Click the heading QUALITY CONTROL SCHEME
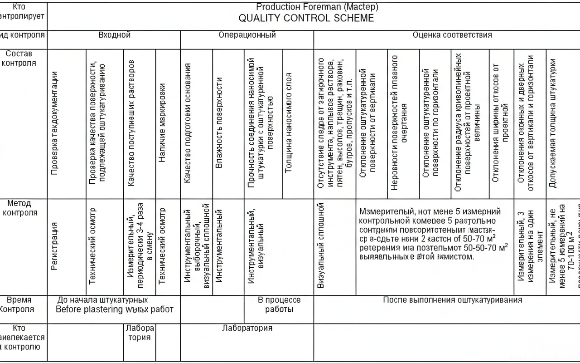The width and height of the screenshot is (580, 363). point(306,18)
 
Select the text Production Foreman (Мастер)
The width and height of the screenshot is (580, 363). point(317,7)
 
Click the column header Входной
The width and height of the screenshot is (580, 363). point(114,35)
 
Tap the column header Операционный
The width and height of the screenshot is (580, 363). point(247,35)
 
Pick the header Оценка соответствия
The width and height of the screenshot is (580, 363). point(452,35)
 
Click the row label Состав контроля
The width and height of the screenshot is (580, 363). point(19,59)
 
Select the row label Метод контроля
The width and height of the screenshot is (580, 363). point(19,208)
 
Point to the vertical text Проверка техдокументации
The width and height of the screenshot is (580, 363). point(54,123)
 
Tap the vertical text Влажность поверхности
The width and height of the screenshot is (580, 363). point(219,123)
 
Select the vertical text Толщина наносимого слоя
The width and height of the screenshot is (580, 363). point(288,123)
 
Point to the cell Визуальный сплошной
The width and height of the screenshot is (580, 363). point(321,239)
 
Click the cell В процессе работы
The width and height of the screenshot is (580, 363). point(279,304)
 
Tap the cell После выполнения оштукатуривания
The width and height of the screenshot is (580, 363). point(452,300)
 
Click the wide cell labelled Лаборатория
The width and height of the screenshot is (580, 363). point(247,328)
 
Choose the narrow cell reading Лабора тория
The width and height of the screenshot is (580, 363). point(140,333)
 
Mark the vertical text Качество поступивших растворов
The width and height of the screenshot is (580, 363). point(131,123)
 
